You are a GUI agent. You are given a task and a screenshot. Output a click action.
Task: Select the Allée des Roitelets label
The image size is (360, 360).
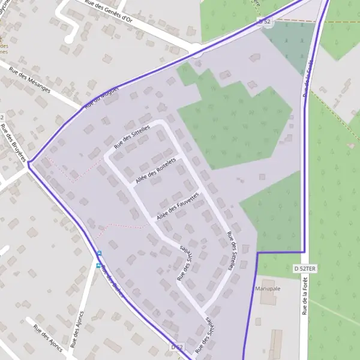click(x=155, y=171)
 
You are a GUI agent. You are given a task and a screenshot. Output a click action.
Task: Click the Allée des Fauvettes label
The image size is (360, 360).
click(x=177, y=206)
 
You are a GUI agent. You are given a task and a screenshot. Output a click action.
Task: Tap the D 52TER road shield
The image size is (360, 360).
click(x=305, y=269)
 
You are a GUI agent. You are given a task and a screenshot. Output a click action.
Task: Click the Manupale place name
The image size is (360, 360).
click(x=268, y=289)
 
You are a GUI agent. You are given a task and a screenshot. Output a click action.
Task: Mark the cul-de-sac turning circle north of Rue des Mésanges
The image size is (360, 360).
click(x=70, y=39)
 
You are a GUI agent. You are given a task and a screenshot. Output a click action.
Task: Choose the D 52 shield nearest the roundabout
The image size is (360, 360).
click(x=264, y=22)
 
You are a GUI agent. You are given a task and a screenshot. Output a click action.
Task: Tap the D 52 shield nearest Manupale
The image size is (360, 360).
click(x=176, y=347)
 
